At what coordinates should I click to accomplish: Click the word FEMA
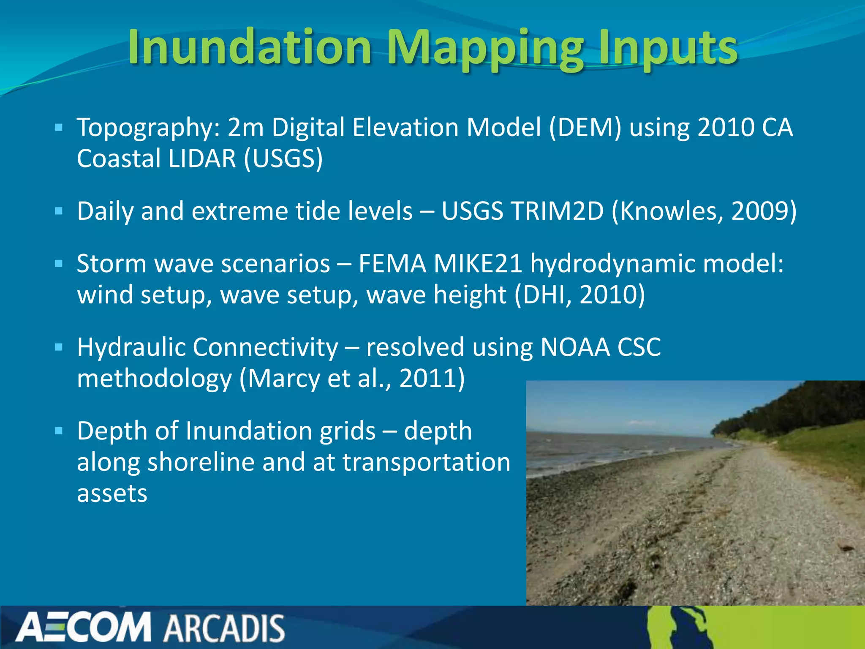[392, 264]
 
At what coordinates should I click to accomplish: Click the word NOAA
[575, 347]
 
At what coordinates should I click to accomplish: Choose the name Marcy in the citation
[284, 379]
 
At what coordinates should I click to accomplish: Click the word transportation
[426, 462]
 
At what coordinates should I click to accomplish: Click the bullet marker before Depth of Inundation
[59, 431]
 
